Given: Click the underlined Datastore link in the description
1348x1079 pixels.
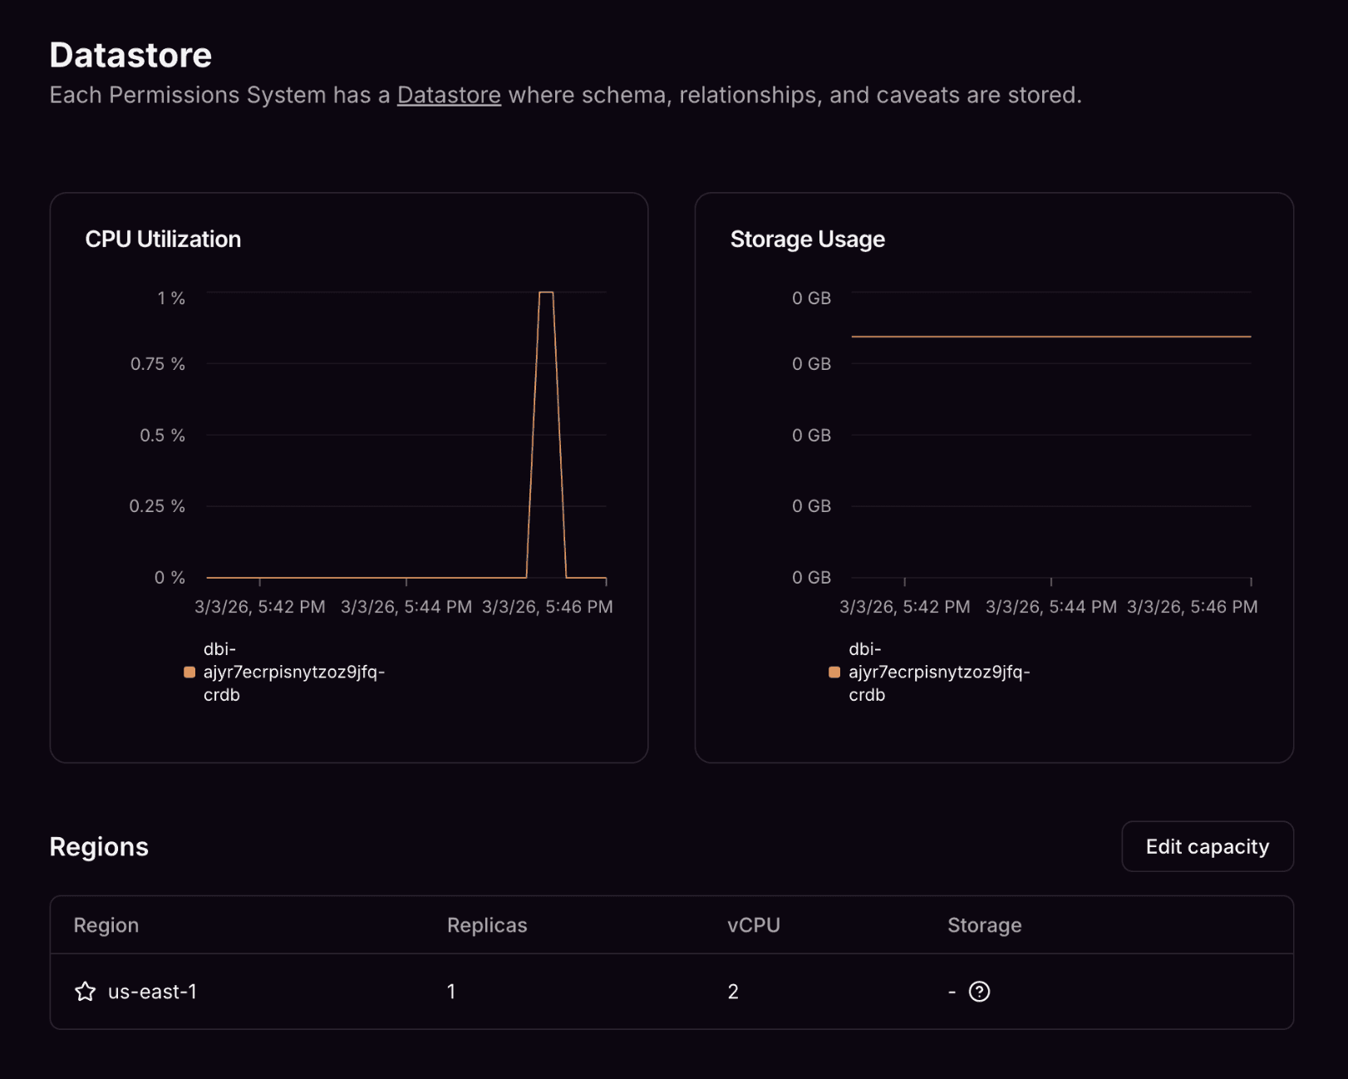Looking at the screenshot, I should coord(449,96).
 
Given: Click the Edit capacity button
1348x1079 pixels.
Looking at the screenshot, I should coord(1207,846).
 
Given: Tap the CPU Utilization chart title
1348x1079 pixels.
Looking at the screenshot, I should coord(163,239).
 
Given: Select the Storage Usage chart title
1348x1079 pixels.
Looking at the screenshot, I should coord(807,239).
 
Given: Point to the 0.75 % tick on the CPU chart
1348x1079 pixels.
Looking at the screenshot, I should coord(158,364).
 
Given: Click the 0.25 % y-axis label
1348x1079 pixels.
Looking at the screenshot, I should coord(157,506).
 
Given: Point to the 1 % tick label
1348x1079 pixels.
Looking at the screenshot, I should coord(171,298).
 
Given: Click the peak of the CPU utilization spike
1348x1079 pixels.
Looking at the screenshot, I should coord(546,293).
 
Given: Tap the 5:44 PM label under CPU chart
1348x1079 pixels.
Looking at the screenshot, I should coord(406,607).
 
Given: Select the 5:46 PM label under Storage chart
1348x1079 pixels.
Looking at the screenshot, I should coord(1192,607).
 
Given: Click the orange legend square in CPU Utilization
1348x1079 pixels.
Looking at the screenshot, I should coord(189,672).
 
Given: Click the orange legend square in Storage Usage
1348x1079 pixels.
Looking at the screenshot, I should coord(834,672).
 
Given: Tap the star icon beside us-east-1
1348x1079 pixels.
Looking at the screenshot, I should coord(85,991).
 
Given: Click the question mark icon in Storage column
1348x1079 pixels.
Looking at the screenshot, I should coord(979,991).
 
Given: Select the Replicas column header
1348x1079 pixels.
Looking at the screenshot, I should coord(487,925).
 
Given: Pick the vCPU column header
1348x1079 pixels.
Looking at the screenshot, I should coord(753,925).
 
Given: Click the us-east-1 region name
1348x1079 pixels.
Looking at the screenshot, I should coord(153,992).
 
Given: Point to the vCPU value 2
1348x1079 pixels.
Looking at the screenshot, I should coord(733,992).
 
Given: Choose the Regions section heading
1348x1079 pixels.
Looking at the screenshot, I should coord(99,846).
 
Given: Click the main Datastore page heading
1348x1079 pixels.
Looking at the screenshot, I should coord(130,55).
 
